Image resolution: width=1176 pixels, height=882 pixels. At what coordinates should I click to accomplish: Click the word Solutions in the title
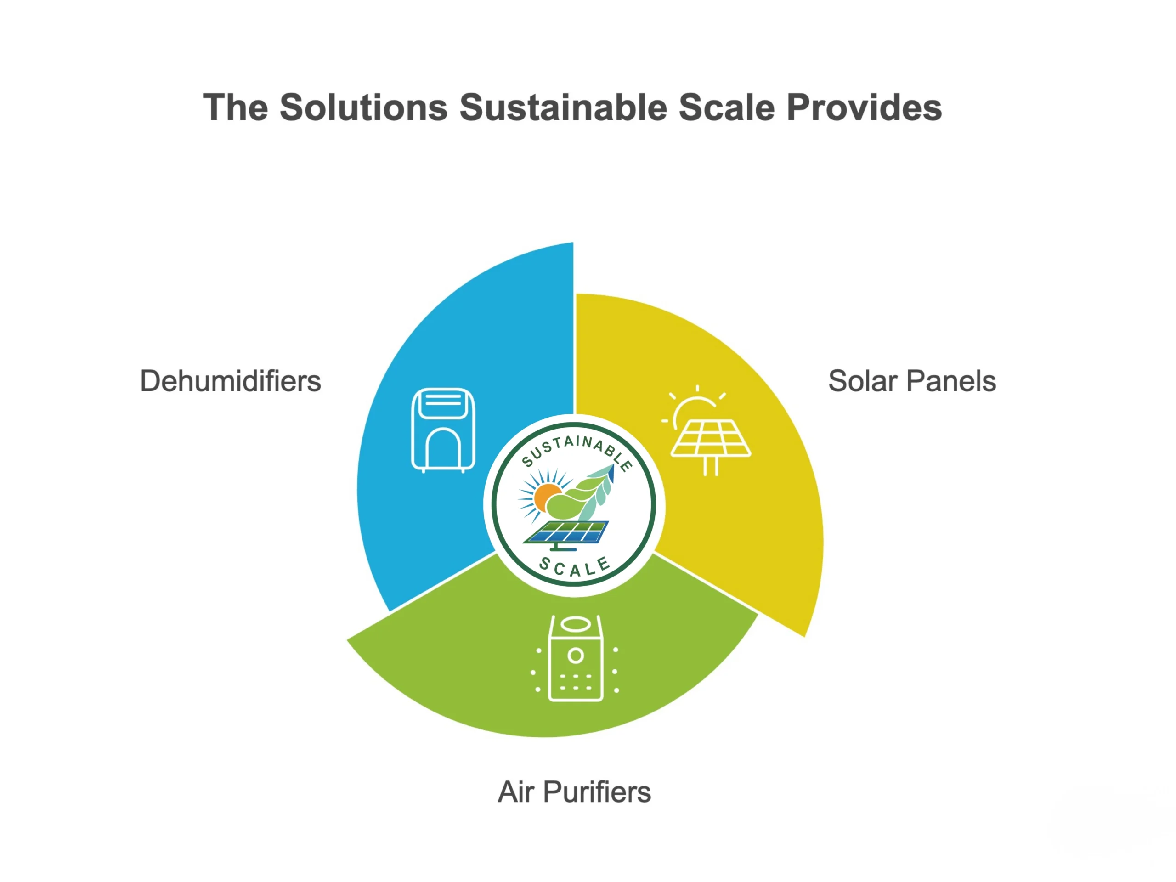(364, 107)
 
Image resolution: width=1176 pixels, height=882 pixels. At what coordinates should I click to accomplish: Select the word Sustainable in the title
(563, 107)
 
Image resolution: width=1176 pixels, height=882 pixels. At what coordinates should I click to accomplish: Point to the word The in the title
(236, 107)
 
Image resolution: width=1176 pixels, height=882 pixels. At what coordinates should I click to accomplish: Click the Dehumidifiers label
(231, 381)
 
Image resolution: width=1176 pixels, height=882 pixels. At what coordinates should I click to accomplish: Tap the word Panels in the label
(951, 381)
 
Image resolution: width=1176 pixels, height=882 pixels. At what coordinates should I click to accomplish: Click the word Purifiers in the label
(597, 792)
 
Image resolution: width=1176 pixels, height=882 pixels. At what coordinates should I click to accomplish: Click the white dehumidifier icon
(443, 430)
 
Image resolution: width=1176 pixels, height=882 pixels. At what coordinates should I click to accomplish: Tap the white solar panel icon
(706, 430)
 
